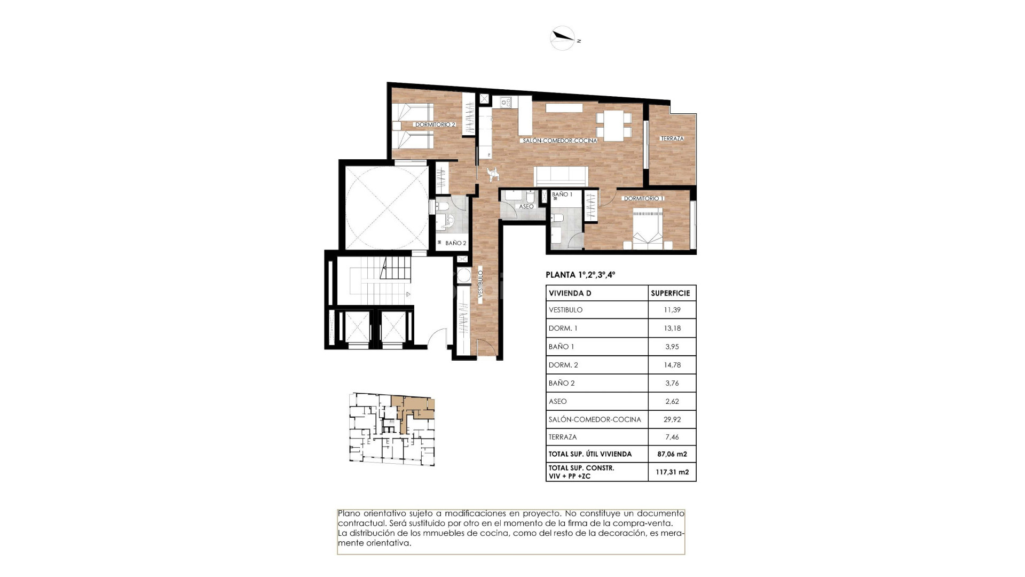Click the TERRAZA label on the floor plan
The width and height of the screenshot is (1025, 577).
tap(672, 138)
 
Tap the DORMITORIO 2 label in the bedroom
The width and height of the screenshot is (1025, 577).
tap(435, 124)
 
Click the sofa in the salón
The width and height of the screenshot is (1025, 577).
tap(561, 175)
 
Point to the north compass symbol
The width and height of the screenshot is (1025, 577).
tap(563, 38)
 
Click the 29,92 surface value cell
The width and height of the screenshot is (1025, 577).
tap(672, 419)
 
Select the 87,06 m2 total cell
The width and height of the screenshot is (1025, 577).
tap(672, 454)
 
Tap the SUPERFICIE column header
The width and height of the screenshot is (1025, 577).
tap(670, 293)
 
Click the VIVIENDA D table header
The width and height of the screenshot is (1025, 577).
tap(570, 293)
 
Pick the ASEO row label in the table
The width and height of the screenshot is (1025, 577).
tap(557, 401)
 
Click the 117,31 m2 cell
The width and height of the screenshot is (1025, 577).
tap(672, 472)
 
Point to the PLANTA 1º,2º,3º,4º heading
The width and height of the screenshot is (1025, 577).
tap(580, 275)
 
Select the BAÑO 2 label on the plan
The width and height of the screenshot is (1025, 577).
tap(455, 243)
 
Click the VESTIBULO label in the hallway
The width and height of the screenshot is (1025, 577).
tap(480, 287)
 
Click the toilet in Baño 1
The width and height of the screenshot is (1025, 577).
tap(558, 219)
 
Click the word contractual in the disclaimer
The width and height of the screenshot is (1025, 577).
tap(360, 524)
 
